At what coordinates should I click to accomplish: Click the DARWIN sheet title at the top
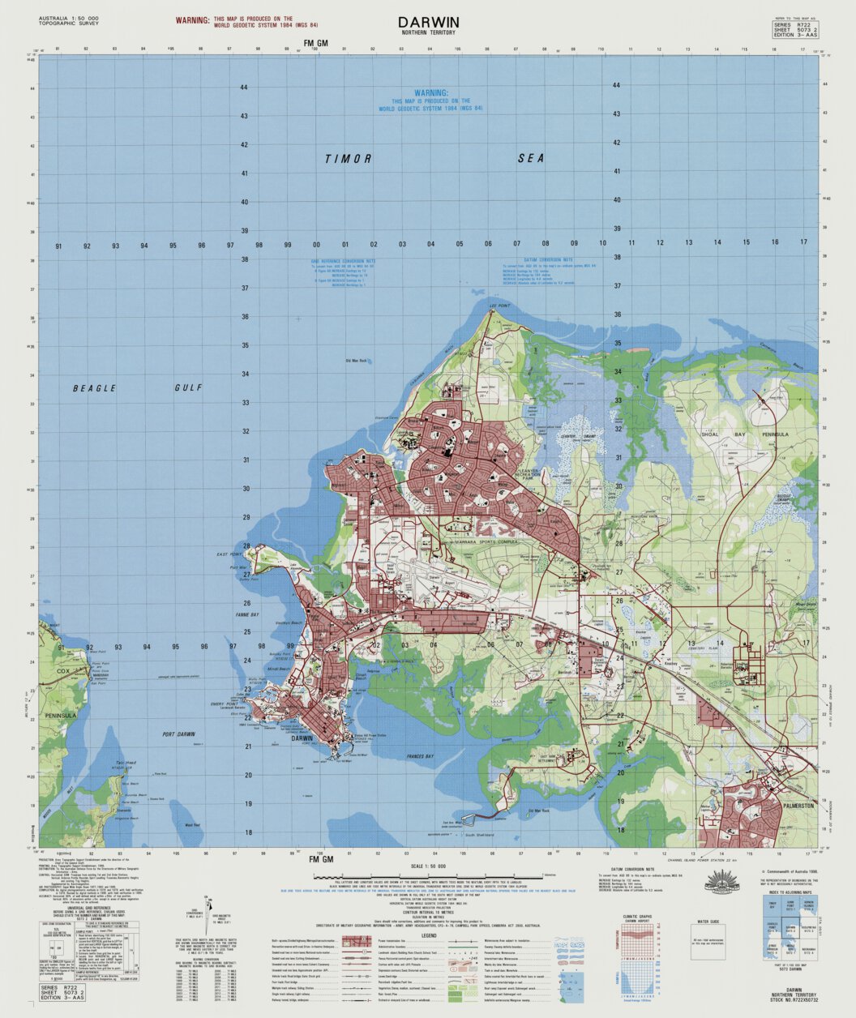click(x=428, y=22)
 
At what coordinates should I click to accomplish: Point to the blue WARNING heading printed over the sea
click(x=430, y=94)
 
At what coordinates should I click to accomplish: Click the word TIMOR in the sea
click(x=348, y=159)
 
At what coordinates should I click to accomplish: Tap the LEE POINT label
click(x=499, y=306)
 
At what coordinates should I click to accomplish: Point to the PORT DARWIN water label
click(x=179, y=734)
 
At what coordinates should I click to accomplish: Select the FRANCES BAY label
click(x=420, y=756)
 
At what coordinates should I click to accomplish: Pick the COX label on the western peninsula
click(x=63, y=671)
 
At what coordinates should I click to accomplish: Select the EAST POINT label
click(x=229, y=554)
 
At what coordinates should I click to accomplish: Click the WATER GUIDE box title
click(x=708, y=922)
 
